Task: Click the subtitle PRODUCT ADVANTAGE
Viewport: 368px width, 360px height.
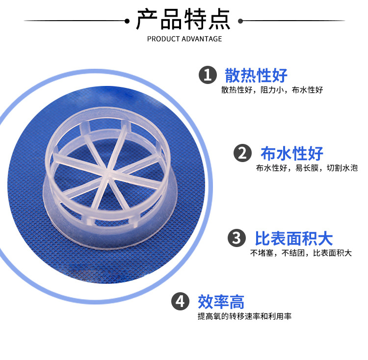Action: point(184,39)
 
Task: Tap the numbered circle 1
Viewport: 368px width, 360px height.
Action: point(208,75)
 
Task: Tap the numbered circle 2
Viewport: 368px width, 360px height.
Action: point(242,153)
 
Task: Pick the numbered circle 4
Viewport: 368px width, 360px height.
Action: point(181,301)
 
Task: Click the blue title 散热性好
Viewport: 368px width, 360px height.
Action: point(256,75)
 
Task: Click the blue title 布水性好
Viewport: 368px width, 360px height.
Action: point(292,153)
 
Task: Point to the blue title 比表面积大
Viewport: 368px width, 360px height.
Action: point(293,239)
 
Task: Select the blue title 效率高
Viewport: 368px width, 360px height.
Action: point(221,301)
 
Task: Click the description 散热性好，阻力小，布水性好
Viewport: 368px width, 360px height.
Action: point(272,90)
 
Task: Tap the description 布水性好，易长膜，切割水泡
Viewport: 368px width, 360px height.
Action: point(307,168)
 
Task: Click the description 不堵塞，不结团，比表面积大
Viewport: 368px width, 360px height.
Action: point(301,253)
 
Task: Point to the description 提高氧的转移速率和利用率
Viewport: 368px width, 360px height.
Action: point(244,316)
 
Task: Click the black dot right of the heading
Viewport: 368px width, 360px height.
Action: point(240,21)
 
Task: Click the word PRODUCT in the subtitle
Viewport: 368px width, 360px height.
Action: point(161,39)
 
